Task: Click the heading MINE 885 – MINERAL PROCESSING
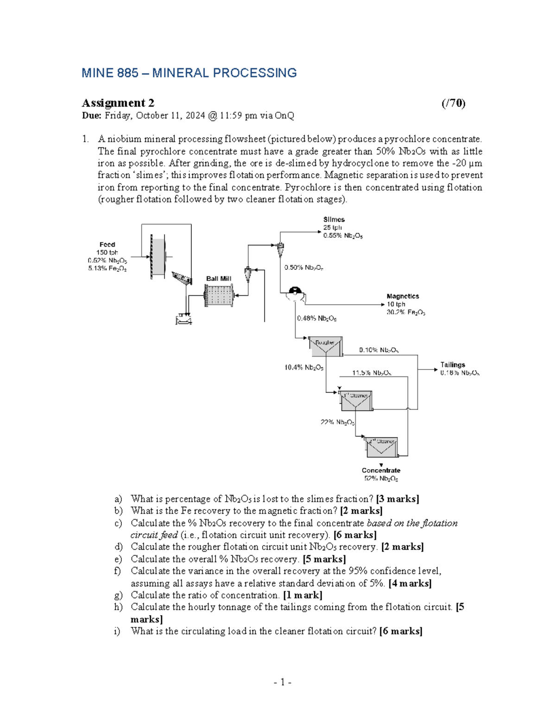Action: tap(189, 73)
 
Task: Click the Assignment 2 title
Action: tap(118, 103)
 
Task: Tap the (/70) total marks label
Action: tap(453, 103)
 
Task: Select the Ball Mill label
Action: tap(219, 279)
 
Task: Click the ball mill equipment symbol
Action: tap(219, 295)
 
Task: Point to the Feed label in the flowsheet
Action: tap(107, 244)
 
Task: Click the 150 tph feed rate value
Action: tap(107, 253)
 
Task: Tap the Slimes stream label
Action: tap(334, 219)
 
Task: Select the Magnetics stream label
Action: tap(403, 296)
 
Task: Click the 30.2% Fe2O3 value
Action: tap(405, 312)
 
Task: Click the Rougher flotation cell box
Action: tap(325, 346)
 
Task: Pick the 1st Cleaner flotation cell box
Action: tap(356, 401)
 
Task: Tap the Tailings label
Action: tap(452, 365)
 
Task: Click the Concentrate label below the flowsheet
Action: tap(381, 470)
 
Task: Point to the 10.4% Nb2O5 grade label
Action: tap(303, 368)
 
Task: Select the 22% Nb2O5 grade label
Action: tap(337, 422)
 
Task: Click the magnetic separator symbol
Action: tap(295, 293)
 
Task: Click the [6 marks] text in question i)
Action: tap(400, 631)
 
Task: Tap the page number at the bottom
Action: tap(282, 682)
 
